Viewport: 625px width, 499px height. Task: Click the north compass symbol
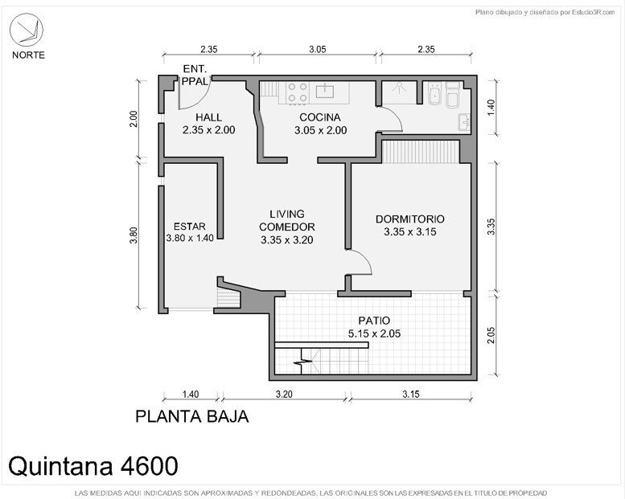(27, 30)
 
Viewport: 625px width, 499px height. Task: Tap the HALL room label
(208, 117)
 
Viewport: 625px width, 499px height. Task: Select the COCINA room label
(320, 117)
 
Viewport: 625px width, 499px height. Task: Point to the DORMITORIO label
(409, 219)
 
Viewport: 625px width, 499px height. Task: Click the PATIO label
(374, 321)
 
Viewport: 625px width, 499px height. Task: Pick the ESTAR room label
(190, 227)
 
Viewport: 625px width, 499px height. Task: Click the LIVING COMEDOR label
(287, 220)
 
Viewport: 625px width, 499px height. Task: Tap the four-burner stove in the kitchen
(298, 92)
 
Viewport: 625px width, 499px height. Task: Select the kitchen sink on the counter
(325, 91)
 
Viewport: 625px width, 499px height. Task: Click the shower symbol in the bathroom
(399, 88)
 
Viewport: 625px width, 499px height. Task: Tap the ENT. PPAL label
(195, 75)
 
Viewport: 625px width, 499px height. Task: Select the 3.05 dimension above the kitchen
(317, 49)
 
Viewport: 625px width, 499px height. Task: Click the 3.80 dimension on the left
(134, 235)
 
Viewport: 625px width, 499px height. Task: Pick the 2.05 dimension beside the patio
(491, 335)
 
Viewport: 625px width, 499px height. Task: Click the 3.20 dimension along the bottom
(284, 395)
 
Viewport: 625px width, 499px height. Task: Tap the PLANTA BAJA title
(192, 416)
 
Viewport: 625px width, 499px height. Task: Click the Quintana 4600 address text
(93, 465)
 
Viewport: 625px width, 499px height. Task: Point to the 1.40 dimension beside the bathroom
(491, 108)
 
